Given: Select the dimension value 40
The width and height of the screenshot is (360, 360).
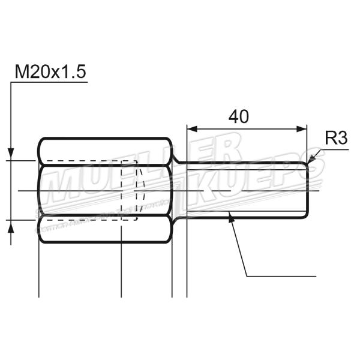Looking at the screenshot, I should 238,116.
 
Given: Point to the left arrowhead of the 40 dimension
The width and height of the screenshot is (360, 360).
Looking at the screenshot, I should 191,128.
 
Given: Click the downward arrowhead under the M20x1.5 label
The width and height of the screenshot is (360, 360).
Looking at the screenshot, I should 11,155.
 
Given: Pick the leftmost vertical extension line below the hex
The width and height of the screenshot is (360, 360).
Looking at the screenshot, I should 39,270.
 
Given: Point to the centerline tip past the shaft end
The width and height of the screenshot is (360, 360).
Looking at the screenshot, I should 318,191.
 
